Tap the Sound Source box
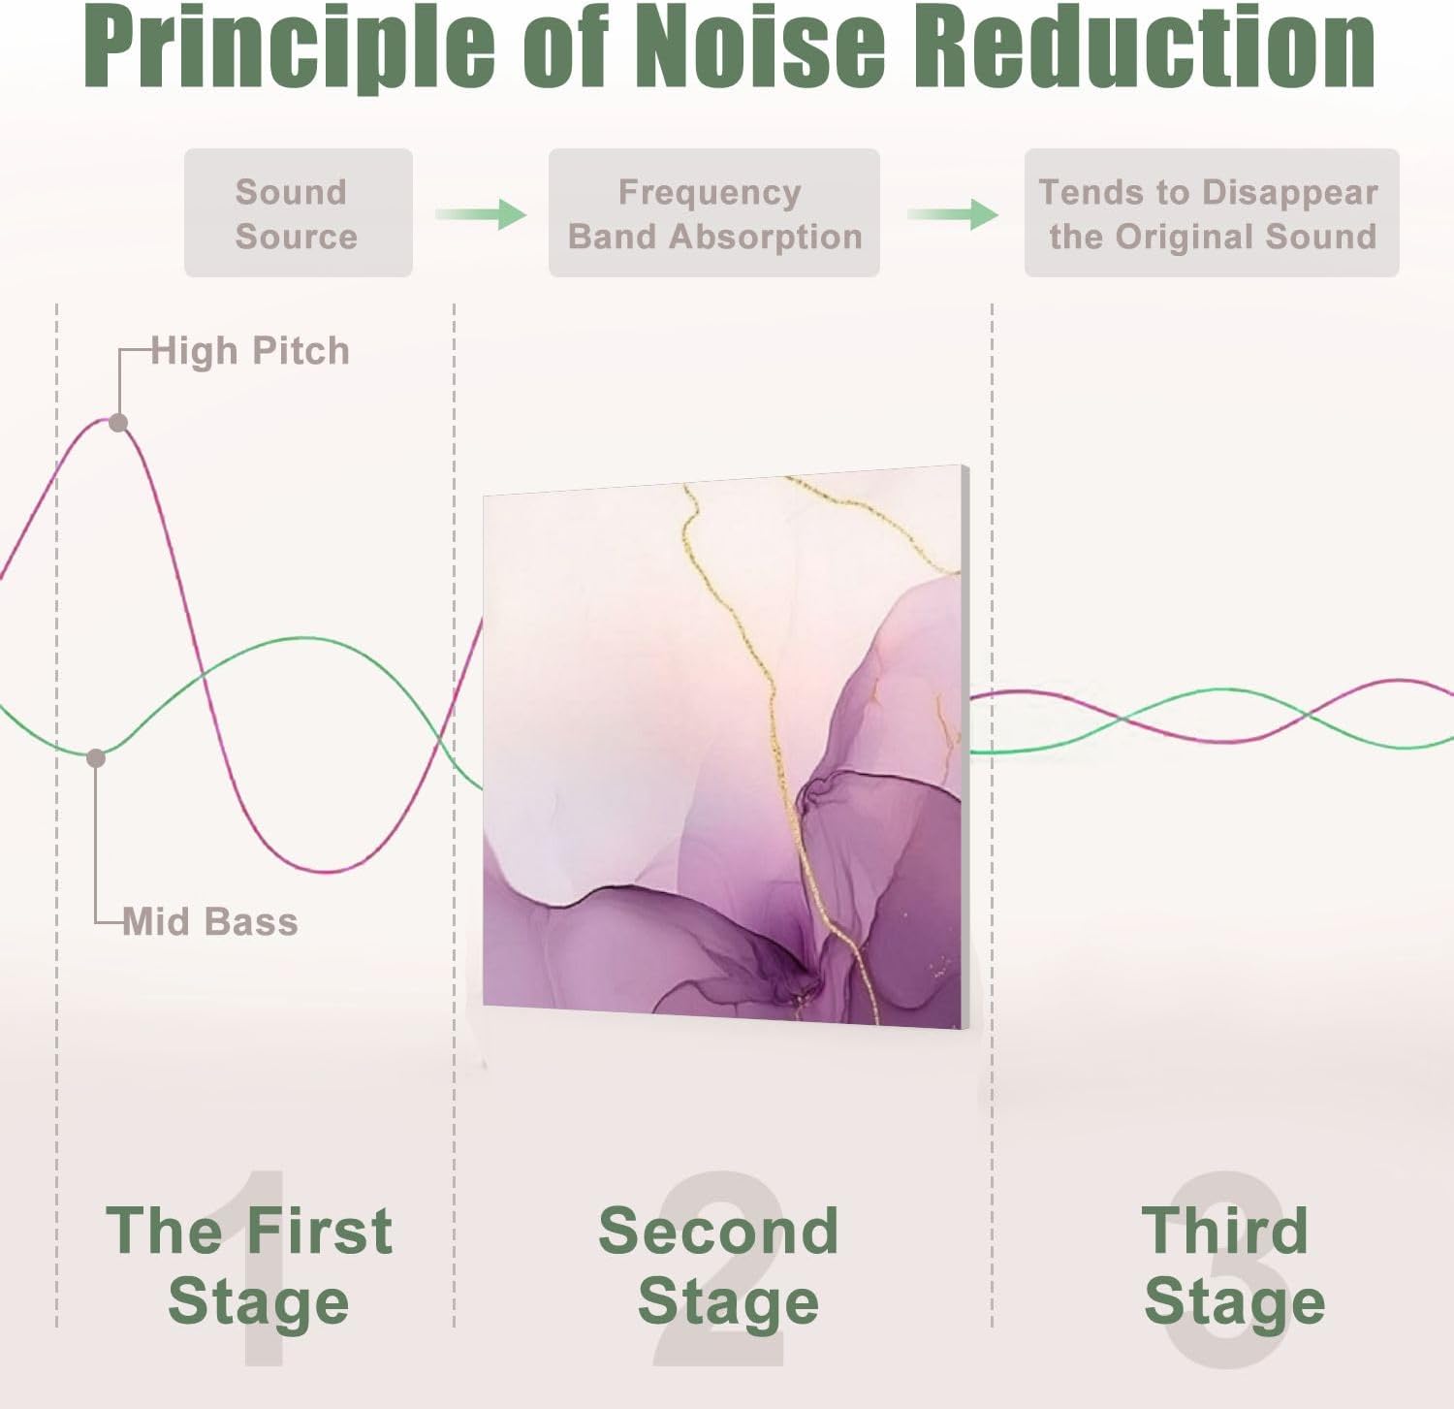click(x=298, y=213)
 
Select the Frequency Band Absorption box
click(x=713, y=213)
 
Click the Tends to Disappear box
click(x=1211, y=213)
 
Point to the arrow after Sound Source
click(x=481, y=213)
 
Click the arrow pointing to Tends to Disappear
click(x=953, y=213)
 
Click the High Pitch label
click(x=250, y=351)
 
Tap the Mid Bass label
click(x=210, y=921)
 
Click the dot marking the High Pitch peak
click(x=118, y=423)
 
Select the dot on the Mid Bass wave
click(x=95, y=758)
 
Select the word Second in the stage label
click(x=718, y=1231)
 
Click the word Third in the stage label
click(x=1224, y=1231)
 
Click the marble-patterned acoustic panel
click(x=722, y=747)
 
